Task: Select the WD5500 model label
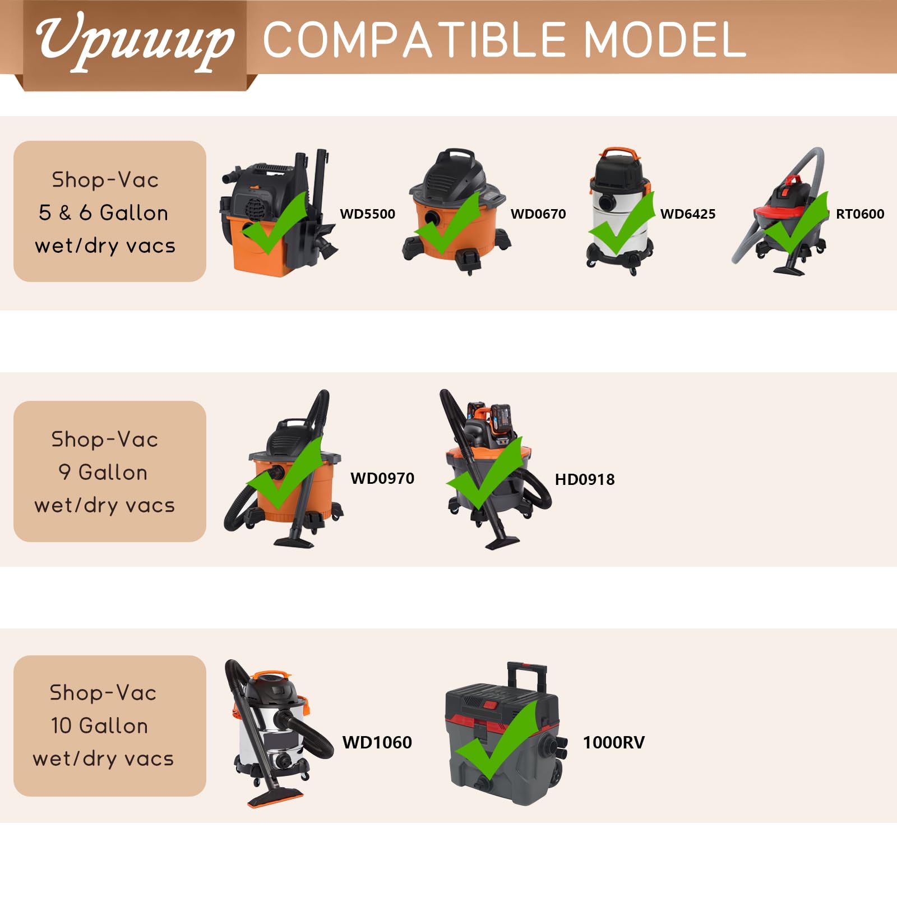pyautogui.click(x=367, y=214)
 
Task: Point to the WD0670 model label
pyautogui.click(x=538, y=214)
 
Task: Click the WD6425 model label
pyautogui.click(x=688, y=214)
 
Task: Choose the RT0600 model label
pyautogui.click(x=860, y=214)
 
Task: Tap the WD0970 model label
pyautogui.click(x=382, y=478)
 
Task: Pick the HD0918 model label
pyautogui.click(x=585, y=479)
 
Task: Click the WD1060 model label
pyautogui.click(x=377, y=742)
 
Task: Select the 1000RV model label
pyautogui.click(x=614, y=742)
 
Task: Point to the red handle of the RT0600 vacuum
pyautogui.click(x=792, y=181)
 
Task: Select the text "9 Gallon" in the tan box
pyautogui.click(x=103, y=472)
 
